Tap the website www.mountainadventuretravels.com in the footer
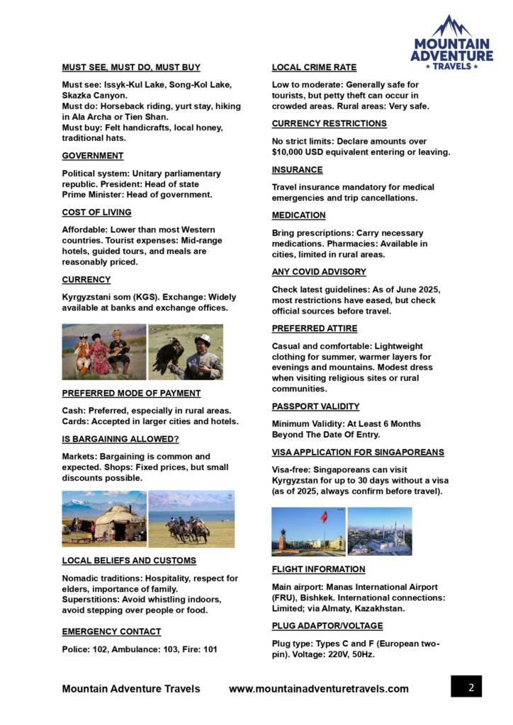click(319, 689)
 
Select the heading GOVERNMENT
click(93, 156)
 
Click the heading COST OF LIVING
click(96, 212)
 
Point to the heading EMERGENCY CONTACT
click(111, 632)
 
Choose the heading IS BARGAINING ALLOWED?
click(120, 439)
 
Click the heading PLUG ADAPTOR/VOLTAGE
click(327, 626)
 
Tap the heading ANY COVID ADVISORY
click(319, 272)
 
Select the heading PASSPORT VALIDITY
click(315, 406)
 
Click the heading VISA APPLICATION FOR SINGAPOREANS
click(358, 452)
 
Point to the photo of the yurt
click(104, 519)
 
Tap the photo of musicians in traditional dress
click(103, 352)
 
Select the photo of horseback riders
click(191, 519)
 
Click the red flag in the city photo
click(324, 517)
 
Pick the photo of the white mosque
click(380, 532)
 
